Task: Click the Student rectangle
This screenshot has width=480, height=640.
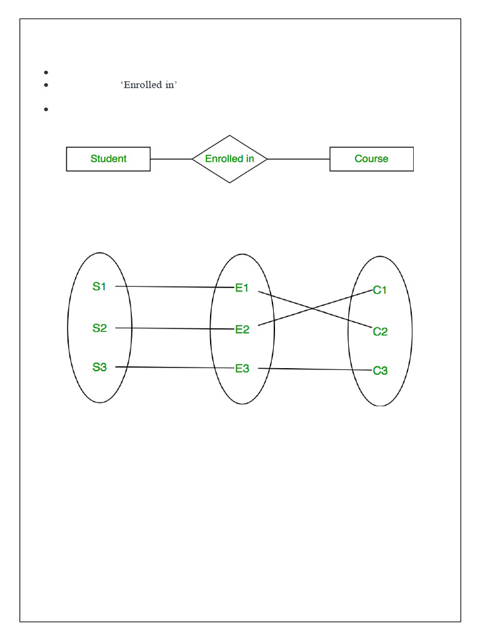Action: (x=108, y=159)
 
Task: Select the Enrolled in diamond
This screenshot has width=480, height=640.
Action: (x=229, y=159)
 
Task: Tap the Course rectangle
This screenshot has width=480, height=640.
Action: (x=371, y=159)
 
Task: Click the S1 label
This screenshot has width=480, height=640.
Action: (x=99, y=287)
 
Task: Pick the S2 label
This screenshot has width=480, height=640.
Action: (x=99, y=327)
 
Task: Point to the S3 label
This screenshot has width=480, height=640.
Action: (x=99, y=367)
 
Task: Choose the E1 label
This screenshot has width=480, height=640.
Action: (x=242, y=288)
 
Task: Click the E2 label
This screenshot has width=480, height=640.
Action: (x=242, y=329)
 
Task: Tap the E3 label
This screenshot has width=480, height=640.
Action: (x=242, y=369)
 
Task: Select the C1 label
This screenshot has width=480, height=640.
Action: (x=380, y=290)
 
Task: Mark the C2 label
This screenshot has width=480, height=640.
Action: (x=380, y=331)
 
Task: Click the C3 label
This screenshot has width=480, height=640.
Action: (x=380, y=371)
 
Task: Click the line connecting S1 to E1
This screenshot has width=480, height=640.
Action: (x=175, y=287)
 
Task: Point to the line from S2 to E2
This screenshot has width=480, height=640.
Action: (x=175, y=328)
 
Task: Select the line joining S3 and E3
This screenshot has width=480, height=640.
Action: (x=175, y=367)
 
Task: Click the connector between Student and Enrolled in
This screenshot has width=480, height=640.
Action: (x=171, y=159)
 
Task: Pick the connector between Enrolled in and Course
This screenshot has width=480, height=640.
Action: (x=299, y=159)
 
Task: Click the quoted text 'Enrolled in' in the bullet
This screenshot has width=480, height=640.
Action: (x=149, y=85)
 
